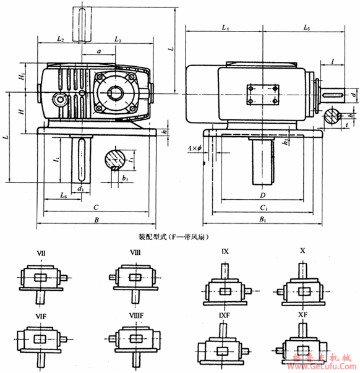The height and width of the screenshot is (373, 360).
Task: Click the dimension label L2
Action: (60, 39)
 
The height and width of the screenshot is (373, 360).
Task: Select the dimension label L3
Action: (118, 39)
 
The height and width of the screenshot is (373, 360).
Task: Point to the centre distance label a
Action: (99, 52)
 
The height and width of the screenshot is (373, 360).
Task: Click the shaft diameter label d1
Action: (80, 187)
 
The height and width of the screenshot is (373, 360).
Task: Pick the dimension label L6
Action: (63, 195)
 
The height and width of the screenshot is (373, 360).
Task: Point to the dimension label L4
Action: (225, 28)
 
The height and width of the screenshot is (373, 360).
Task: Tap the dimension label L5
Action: (307, 28)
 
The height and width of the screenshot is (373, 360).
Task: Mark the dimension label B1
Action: (263, 220)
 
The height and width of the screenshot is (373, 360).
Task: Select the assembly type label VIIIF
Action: (137, 315)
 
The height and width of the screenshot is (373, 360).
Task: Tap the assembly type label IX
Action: (225, 252)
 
